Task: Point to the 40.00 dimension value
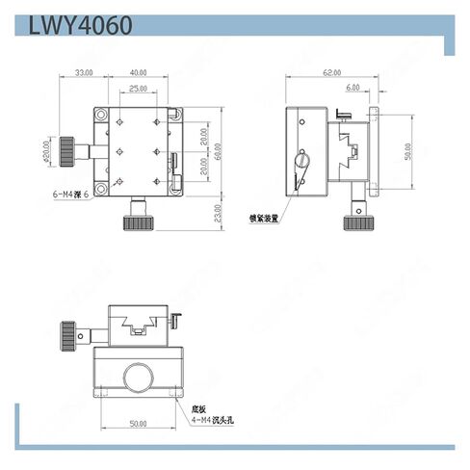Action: (140, 72)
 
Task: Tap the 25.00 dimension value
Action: (140, 90)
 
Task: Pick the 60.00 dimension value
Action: (219, 150)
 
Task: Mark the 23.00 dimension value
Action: (219, 212)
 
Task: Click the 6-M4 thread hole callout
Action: (71, 195)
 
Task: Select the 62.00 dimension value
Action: (333, 72)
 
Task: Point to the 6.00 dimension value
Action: (352, 87)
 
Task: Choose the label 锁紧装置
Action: (263, 218)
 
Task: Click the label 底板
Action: (198, 408)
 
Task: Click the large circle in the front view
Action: (139, 377)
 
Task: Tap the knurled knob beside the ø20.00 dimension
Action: (67, 151)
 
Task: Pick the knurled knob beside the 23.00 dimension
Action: (139, 222)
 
